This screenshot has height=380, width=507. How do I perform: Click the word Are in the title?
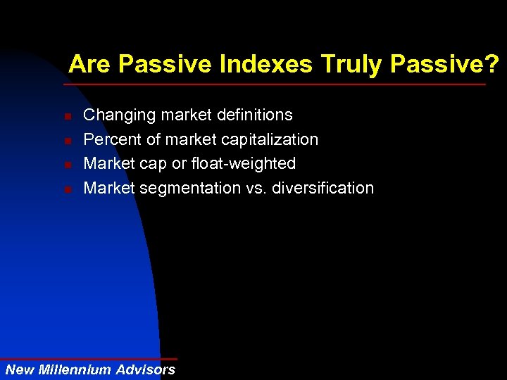tap(91, 65)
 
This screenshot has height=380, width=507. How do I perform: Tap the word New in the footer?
tap(18, 369)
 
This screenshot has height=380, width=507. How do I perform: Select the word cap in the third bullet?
tap(154, 164)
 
